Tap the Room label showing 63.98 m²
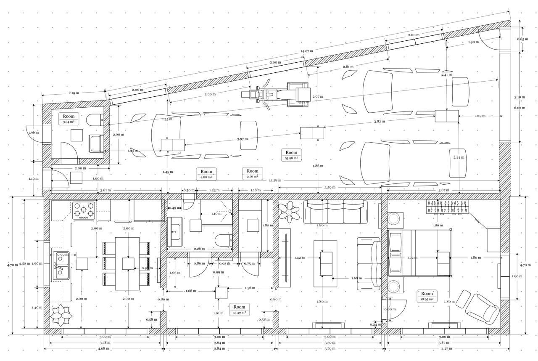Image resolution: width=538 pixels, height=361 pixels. [x=291, y=155]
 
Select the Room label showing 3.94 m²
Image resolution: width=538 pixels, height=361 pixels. [x=69, y=119]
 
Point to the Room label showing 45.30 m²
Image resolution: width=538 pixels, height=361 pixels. [x=239, y=309]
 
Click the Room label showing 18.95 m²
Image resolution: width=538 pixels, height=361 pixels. [x=427, y=296]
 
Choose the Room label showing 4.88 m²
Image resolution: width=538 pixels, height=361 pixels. [x=206, y=174]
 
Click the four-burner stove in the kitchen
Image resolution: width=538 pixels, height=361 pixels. [x=84, y=210]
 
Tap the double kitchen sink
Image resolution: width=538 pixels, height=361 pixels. [x=61, y=265]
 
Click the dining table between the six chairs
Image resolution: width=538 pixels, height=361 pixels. [x=128, y=263]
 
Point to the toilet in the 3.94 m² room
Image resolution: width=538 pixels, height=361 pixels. [x=95, y=120]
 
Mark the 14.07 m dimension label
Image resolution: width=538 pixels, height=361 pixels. [x=306, y=51]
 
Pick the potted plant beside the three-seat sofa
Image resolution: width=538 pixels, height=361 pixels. [x=289, y=211]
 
